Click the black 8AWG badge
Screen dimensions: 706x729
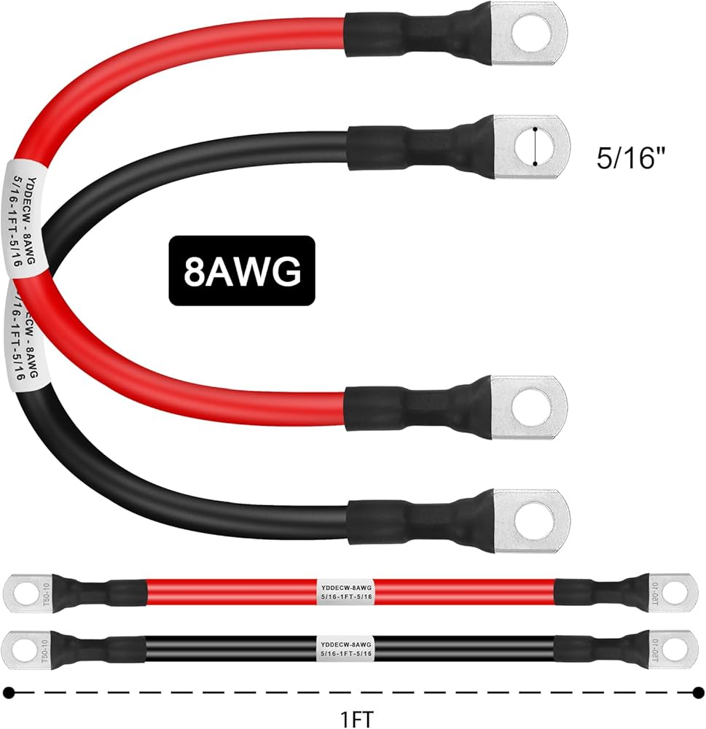[243, 270]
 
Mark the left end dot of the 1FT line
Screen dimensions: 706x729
[9, 691]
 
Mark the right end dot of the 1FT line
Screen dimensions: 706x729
[698, 691]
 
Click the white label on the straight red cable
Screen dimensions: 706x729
[347, 589]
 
